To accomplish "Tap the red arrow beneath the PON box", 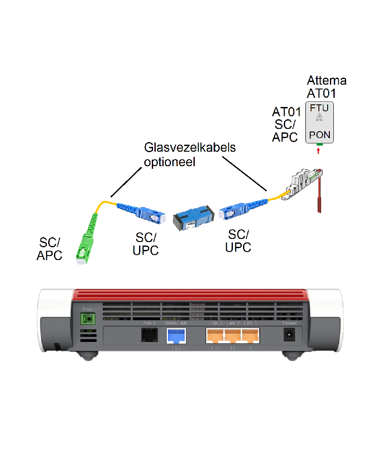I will coord(319,151).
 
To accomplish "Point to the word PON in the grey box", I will coord(319,135).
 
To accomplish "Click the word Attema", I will coord(326,81).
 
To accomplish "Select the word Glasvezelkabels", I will coord(190,147).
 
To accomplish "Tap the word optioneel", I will coord(169,161).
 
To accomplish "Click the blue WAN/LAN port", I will coord(176,336).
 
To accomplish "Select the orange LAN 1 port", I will coord(215,336).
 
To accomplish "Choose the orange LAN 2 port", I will coord(232,336).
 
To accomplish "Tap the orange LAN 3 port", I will coord(250,336).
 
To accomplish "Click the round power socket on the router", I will coord(289,335).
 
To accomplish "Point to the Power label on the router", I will coord(289,324).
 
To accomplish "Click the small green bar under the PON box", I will coord(319,144).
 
